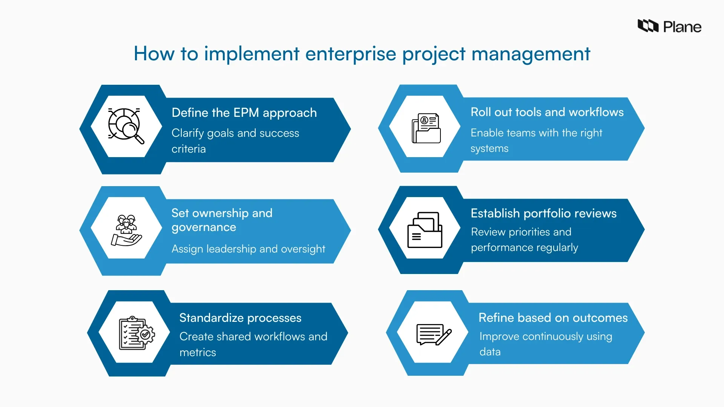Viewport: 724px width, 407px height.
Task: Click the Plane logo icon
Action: pos(647,26)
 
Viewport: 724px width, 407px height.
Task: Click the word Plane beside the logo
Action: pos(682,27)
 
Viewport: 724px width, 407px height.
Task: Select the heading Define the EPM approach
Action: pos(244,113)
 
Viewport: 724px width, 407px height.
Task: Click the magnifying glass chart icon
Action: pos(126,126)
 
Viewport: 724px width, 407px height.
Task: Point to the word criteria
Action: pos(189,149)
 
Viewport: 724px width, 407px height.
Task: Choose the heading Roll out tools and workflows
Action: pos(547,112)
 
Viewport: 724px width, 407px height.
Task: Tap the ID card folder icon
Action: pos(426,128)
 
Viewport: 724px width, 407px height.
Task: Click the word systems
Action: pos(489,148)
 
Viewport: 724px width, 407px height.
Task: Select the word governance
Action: pos(204,227)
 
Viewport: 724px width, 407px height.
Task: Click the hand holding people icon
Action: pos(126,230)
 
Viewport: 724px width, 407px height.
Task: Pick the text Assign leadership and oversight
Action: pos(248,249)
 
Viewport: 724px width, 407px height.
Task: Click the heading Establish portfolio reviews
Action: pos(543,213)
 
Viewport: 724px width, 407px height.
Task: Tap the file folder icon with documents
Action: pos(425,230)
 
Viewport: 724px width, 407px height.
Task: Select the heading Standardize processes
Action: pos(240,318)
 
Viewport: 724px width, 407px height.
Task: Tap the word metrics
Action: pos(198,352)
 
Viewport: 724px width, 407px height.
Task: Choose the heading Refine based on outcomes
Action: pos(553,318)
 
